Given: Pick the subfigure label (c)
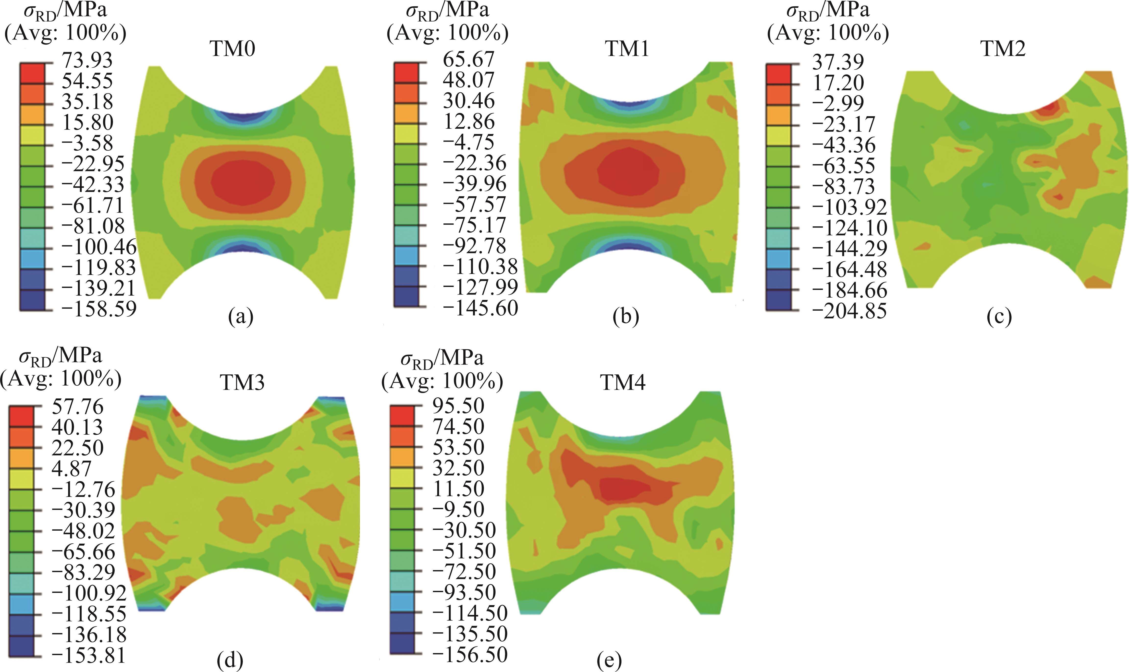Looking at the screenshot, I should tap(999, 317).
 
